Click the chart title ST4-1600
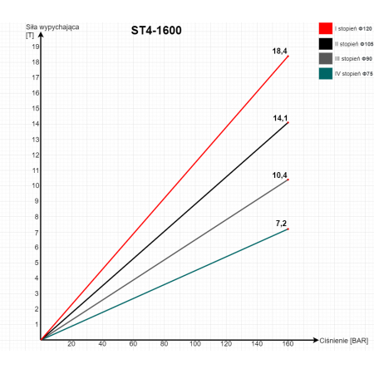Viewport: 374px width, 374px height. click(x=156, y=31)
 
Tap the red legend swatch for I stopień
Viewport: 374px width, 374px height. click(x=326, y=28)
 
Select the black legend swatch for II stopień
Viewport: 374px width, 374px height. click(x=326, y=44)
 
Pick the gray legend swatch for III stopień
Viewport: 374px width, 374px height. click(x=326, y=58)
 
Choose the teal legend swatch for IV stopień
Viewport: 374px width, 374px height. click(x=326, y=73)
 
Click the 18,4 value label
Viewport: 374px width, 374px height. click(x=279, y=52)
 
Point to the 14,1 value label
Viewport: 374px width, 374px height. click(x=280, y=118)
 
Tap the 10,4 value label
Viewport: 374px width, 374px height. click(x=279, y=175)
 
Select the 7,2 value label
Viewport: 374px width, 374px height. click(x=281, y=224)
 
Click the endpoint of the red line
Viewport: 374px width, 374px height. click(x=288, y=57)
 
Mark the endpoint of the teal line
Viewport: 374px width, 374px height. click(x=288, y=229)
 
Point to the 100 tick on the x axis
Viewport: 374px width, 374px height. click(x=195, y=344)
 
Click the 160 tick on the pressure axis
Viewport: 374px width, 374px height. click(x=288, y=344)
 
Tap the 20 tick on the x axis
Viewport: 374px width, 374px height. click(x=71, y=344)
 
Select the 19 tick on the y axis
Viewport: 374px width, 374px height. click(x=36, y=47)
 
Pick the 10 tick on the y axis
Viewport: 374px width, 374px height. click(x=36, y=185)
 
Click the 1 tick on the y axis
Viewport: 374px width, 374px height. click(x=37, y=324)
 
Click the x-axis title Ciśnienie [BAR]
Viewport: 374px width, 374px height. click(x=344, y=341)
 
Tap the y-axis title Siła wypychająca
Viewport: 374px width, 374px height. click(x=52, y=27)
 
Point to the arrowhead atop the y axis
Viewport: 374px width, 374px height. click(x=41, y=35)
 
